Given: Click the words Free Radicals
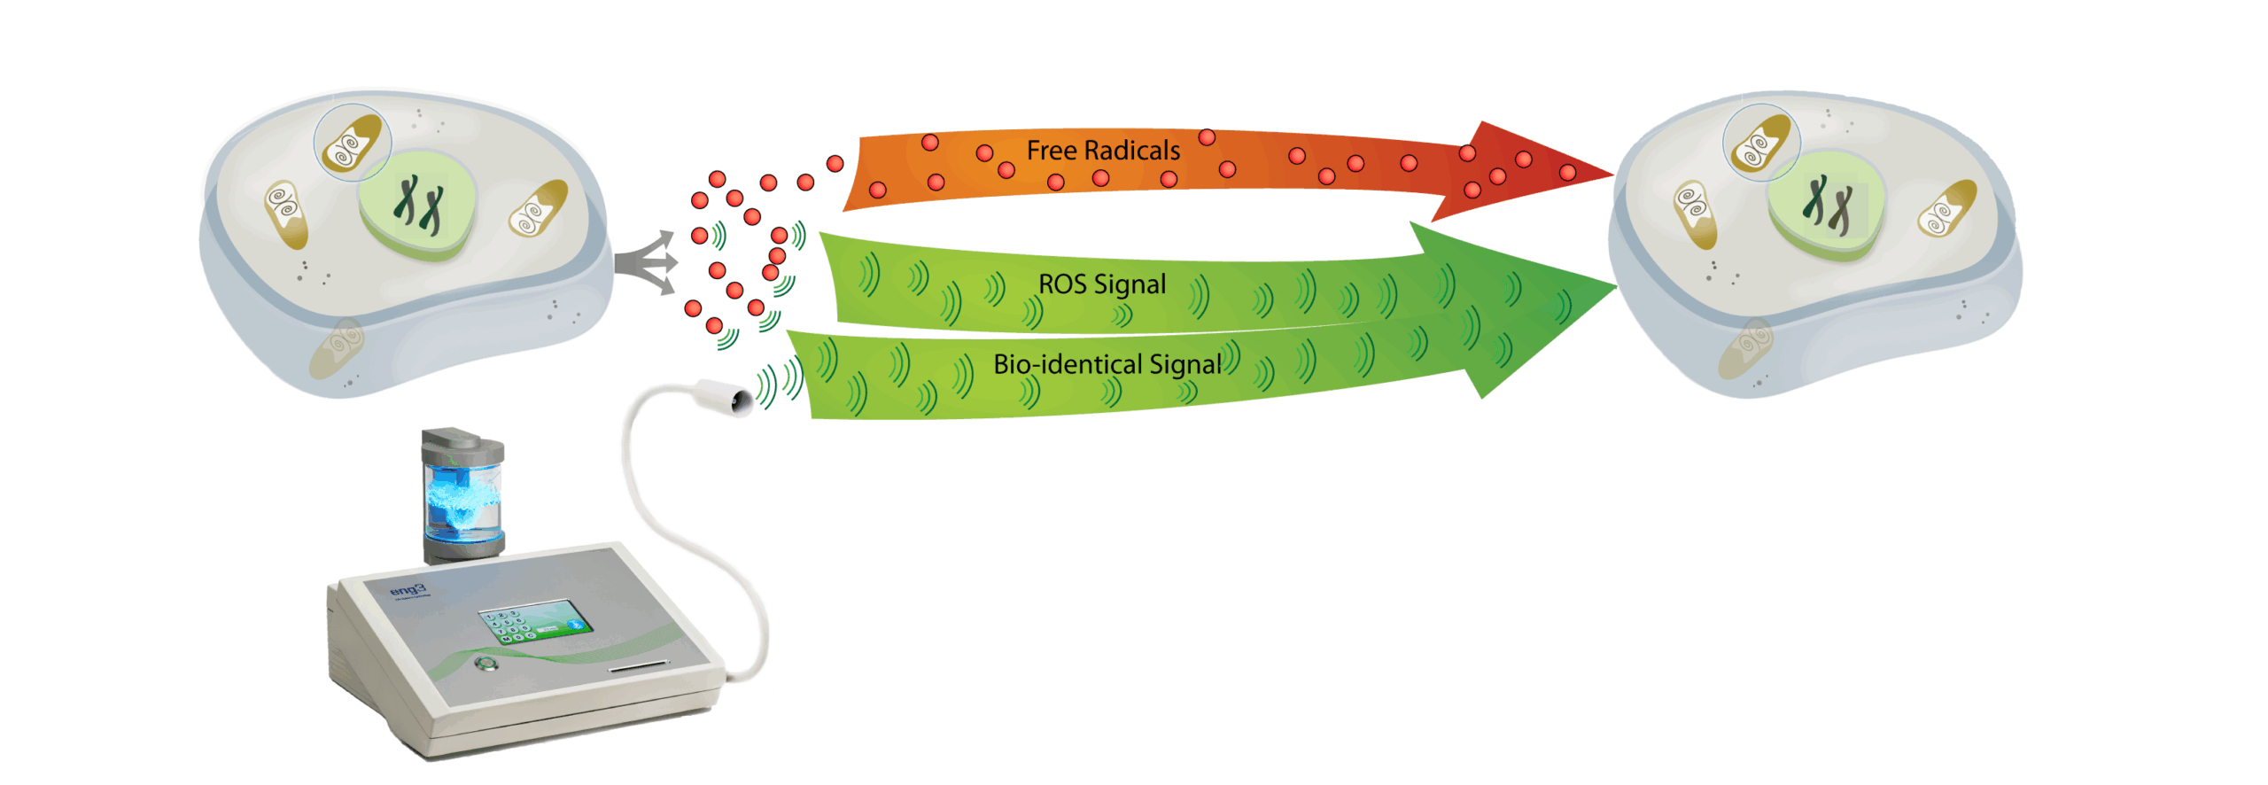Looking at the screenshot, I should click(1102, 151).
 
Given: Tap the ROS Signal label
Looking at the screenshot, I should click(1101, 284).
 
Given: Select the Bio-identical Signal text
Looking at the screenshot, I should click(1107, 364).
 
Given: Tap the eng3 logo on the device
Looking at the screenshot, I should click(408, 589).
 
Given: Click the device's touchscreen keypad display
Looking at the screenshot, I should click(535, 621).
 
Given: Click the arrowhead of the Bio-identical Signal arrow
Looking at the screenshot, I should click(1506, 354).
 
